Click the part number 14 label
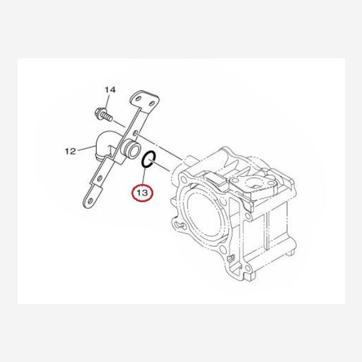point(110,90)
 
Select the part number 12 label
point(71,151)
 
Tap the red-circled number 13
point(142,192)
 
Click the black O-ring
point(147,159)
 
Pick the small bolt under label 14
point(104,115)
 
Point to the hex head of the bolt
point(100,112)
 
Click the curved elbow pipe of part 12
point(104,145)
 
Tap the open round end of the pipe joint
point(134,150)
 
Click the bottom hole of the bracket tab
point(90,201)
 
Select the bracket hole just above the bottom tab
point(100,178)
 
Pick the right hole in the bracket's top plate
point(152,103)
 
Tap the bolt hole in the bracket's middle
point(136,133)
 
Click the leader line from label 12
point(86,148)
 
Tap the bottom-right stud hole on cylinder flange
point(247,268)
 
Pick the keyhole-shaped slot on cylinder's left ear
point(179,224)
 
